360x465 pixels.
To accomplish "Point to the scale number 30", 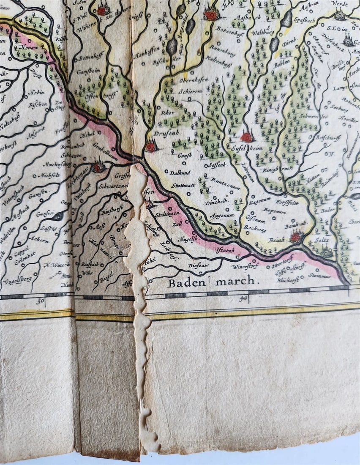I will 41,301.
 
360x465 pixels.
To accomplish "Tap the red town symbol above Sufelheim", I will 247,137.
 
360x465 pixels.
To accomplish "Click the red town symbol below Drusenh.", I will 150,146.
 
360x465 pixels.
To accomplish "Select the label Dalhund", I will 180,172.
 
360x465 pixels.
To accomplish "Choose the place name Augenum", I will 222,215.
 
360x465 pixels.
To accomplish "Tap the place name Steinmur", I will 320,275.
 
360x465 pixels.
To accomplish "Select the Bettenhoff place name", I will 91,58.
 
